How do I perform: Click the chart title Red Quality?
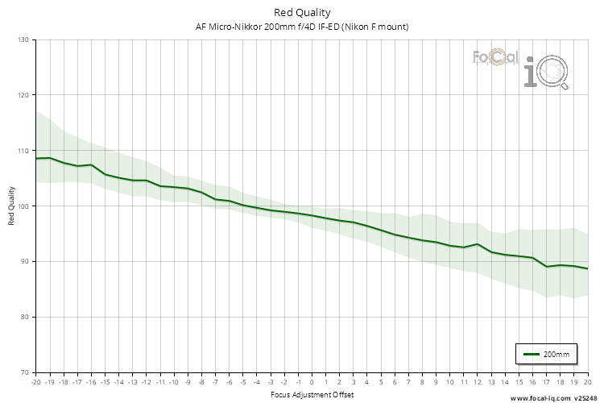point(302,12)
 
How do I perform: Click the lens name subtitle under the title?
point(302,27)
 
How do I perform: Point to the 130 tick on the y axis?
point(22,39)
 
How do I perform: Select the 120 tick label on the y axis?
point(22,95)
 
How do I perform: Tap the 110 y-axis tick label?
point(22,151)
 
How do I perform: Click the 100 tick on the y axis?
point(22,206)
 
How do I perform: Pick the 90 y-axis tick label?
point(23,262)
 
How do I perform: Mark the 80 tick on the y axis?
point(23,318)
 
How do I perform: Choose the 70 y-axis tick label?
point(23,372)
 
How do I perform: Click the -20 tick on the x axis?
point(35,382)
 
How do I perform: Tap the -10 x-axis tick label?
point(173,382)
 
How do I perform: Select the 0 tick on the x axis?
point(312,382)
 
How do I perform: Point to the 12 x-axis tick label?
point(477,382)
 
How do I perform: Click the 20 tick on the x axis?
point(587,382)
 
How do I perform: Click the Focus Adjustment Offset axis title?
point(311,395)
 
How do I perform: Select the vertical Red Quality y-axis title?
point(11,206)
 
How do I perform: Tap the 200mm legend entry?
point(547,354)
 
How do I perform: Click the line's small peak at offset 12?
point(477,243)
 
